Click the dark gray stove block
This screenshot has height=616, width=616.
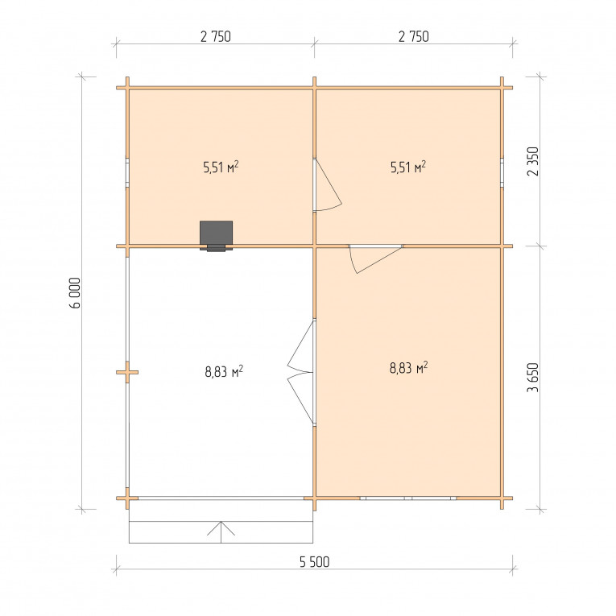pos(216,235)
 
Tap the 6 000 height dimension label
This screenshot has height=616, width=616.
pos(75,293)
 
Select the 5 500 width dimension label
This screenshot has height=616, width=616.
pos(314,562)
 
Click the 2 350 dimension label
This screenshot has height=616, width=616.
pos(533,162)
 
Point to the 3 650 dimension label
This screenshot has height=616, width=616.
pos(533,378)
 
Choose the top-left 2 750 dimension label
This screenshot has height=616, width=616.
pos(216,36)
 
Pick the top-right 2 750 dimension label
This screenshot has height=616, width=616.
pos(414,36)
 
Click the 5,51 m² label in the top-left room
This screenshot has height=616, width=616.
pos(221,167)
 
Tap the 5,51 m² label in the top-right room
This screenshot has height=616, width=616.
pos(408,167)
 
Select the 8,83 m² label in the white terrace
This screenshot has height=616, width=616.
pos(224,371)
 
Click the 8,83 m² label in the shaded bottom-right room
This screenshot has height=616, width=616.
pos(408,368)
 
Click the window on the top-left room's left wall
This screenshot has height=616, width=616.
pos(127,173)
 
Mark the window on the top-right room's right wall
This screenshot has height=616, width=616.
pos(502,173)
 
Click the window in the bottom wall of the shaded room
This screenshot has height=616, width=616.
pos(408,498)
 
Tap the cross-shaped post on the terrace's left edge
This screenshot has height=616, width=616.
pos(127,372)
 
